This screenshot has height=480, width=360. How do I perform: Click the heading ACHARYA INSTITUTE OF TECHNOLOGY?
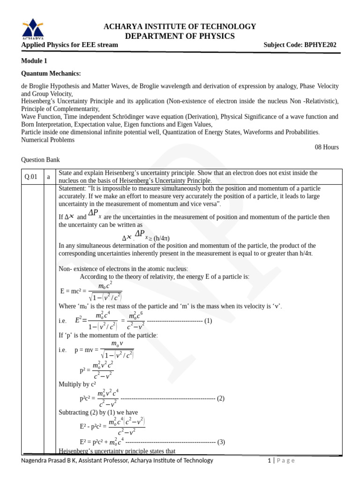coord(180,26)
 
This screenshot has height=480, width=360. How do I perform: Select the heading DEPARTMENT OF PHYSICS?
coord(180,36)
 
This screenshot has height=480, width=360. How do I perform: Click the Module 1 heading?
coord(34,61)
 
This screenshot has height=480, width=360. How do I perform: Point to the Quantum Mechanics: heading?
coord(51,74)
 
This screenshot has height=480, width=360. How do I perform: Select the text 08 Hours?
coord(326,147)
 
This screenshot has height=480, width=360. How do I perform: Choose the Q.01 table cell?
coord(30,177)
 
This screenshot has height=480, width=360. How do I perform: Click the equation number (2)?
coord(221,398)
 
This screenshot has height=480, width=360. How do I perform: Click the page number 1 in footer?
coord(269,460)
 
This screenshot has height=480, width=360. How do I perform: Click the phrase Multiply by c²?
coord(77,384)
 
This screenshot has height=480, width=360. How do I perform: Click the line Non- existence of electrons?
coord(123,269)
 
